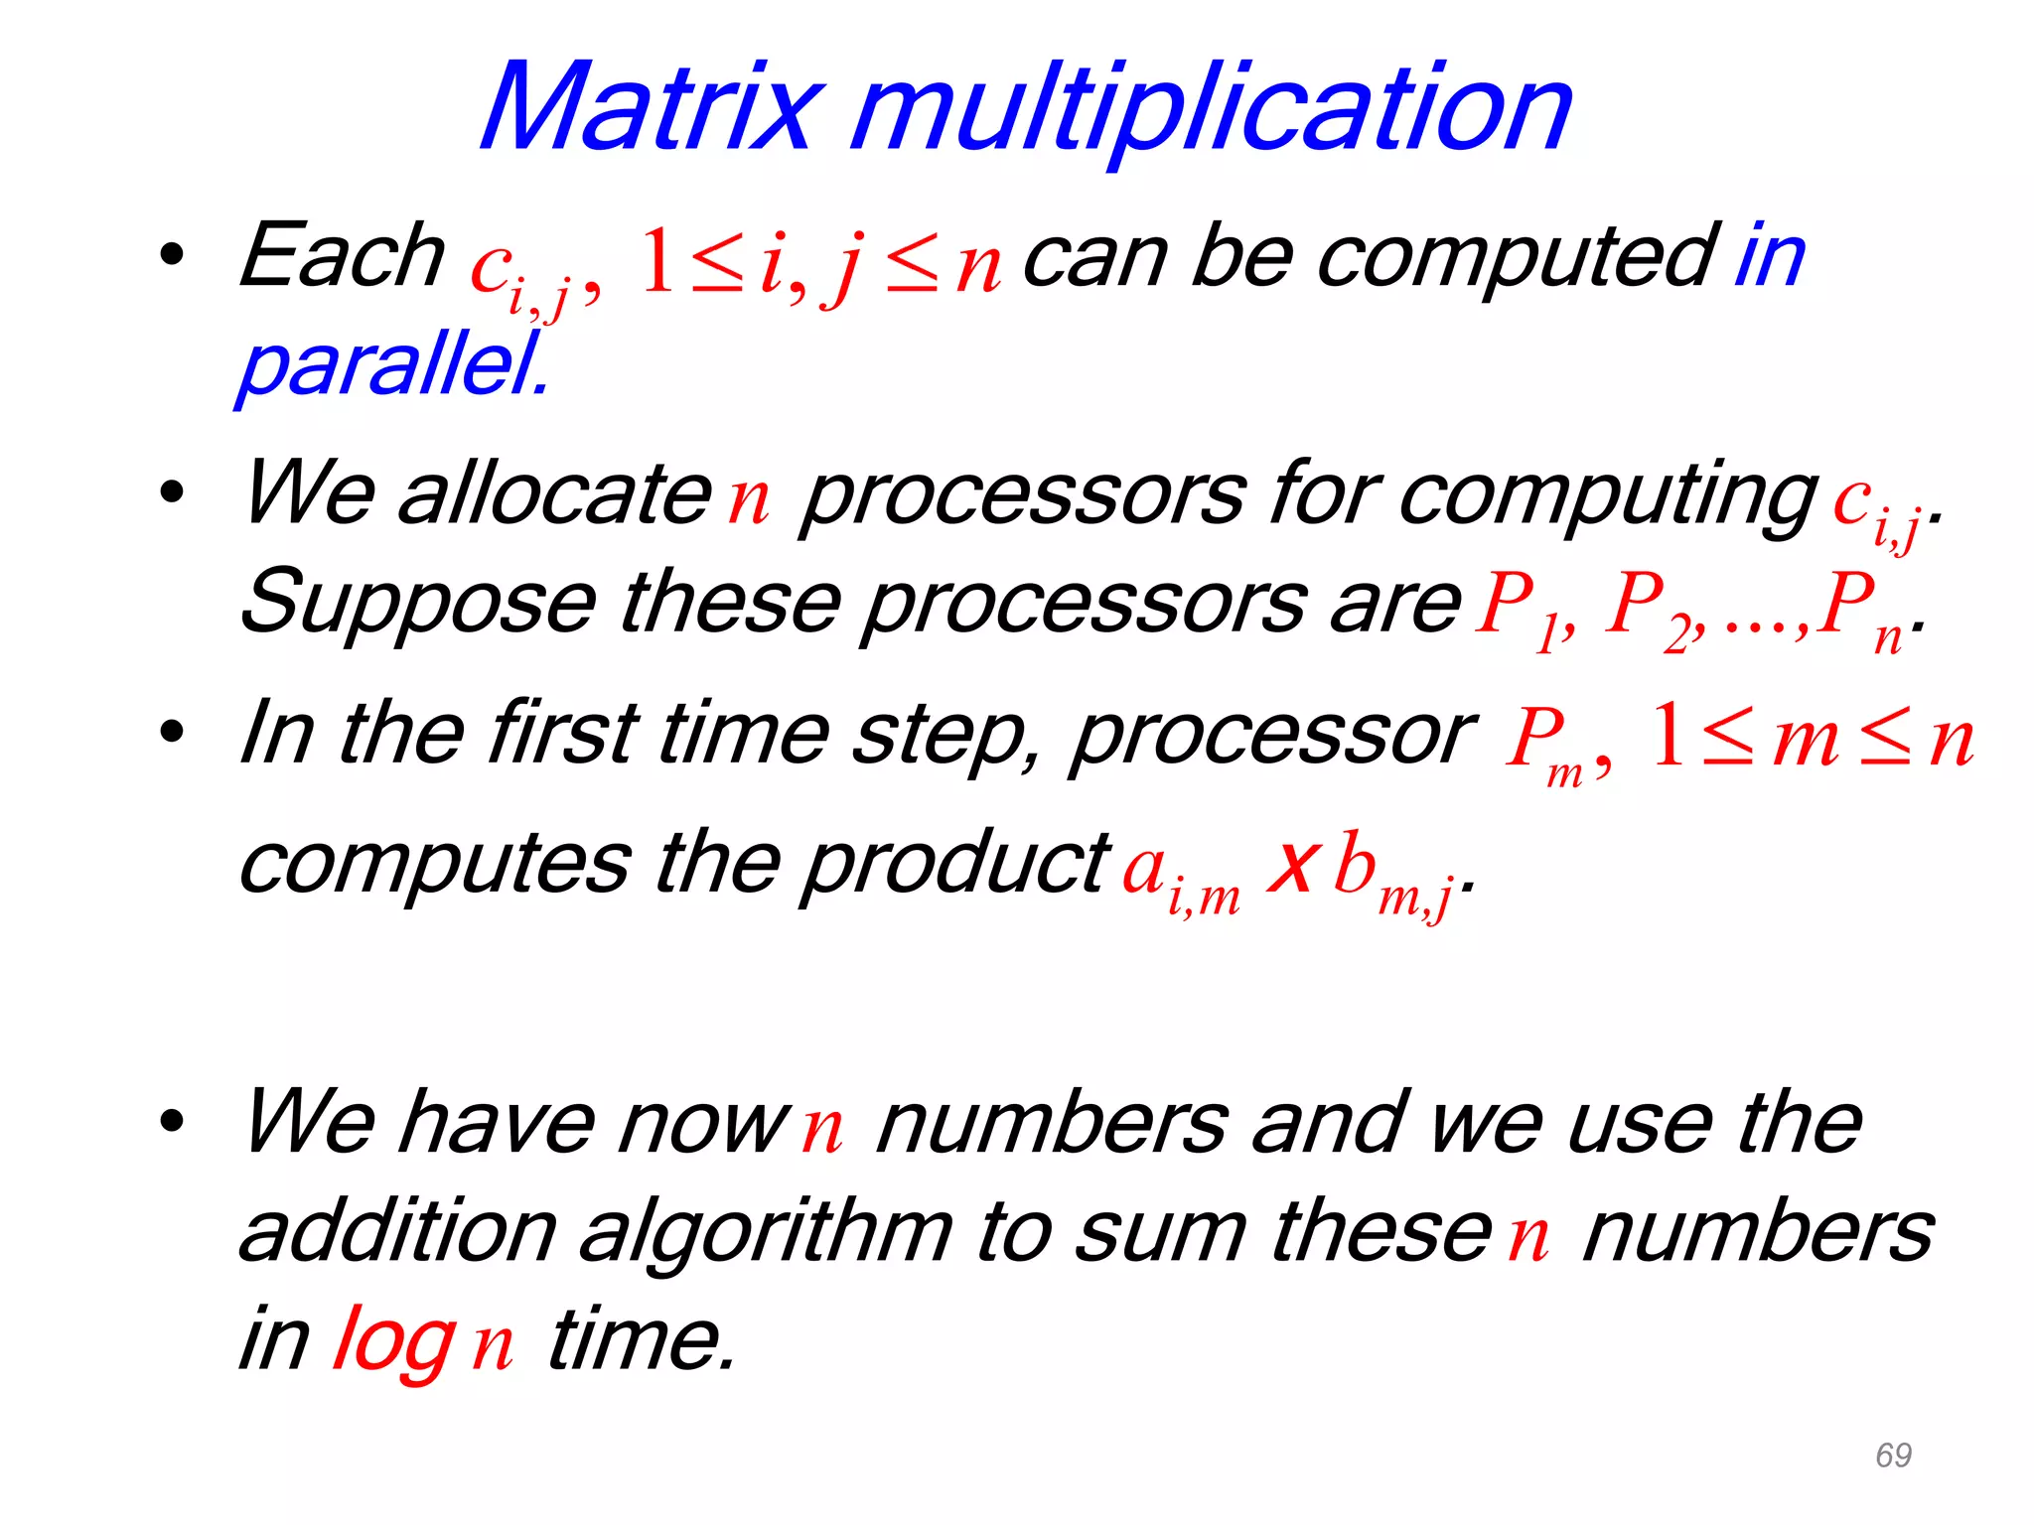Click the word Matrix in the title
click(x=651, y=107)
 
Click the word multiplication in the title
click(x=1212, y=109)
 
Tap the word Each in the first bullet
click(x=342, y=256)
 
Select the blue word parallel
click(x=392, y=364)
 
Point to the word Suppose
click(x=418, y=604)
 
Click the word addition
click(x=398, y=1231)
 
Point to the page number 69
click(x=1893, y=1456)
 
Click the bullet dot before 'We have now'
click(x=172, y=1120)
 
